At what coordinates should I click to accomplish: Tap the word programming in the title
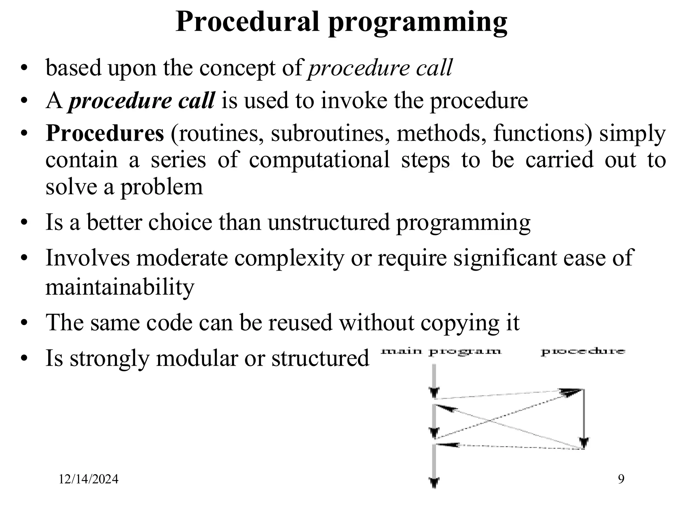pyautogui.click(x=418, y=23)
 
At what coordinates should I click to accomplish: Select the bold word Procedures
pyautogui.click(x=105, y=133)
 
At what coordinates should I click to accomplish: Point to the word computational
pyautogui.click(x=319, y=160)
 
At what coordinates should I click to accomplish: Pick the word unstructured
pyautogui.click(x=328, y=222)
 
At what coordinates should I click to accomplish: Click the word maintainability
pyautogui.click(x=120, y=287)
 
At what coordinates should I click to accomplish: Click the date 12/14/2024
pyautogui.click(x=89, y=479)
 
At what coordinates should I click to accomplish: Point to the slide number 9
pyautogui.click(x=621, y=479)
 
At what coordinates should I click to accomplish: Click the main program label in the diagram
pyautogui.click(x=441, y=351)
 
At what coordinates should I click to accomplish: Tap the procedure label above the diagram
pyautogui.click(x=583, y=351)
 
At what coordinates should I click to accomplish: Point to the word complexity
pyautogui.click(x=289, y=258)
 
